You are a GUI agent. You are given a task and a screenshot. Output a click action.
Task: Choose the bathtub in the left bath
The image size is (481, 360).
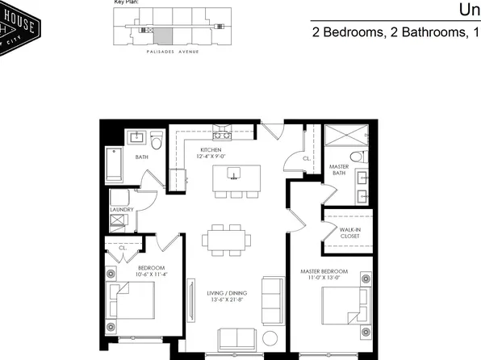click(115, 165)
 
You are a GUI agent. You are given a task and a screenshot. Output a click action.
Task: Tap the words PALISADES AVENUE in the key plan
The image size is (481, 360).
click(169, 48)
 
